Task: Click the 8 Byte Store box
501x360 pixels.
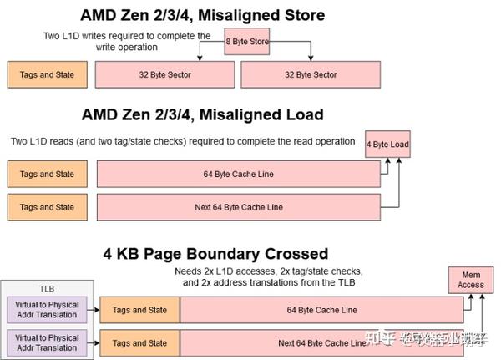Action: (246, 41)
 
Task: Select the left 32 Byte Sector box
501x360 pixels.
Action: (164, 74)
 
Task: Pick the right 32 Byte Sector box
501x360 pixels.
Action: (310, 74)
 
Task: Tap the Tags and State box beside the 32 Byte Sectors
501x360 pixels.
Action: (47, 74)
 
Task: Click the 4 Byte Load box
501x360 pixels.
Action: (387, 145)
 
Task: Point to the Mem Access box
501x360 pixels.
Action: (470, 280)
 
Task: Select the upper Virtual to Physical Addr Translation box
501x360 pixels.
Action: (47, 310)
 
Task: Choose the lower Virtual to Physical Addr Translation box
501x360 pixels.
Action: (47, 342)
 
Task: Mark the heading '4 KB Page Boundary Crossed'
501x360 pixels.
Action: (215, 253)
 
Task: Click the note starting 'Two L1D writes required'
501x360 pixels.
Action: (127, 42)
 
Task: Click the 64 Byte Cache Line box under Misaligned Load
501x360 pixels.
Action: (238, 174)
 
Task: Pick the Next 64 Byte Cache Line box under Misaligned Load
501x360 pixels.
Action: (238, 206)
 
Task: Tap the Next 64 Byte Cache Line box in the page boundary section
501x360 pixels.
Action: (321, 342)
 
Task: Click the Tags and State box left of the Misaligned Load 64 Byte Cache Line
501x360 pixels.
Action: (47, 174)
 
